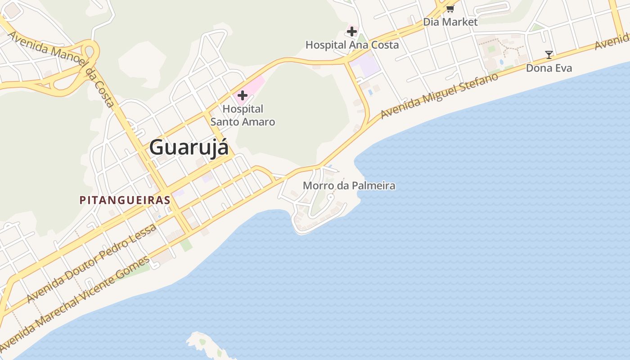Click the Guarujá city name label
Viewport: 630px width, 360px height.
pos(189,147)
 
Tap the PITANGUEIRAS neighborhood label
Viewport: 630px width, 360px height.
pos(125,200)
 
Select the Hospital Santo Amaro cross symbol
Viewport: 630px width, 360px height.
pos(243,95)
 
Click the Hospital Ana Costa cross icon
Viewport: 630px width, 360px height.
pos(351,31)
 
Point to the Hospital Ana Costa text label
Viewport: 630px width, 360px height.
pos(352,45)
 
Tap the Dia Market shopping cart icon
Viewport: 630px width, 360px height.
pos(450,9)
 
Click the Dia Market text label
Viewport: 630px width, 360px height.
pos(450,22)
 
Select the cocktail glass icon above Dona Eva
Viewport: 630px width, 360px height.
pos(549,55)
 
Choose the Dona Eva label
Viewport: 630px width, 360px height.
pos(549,68)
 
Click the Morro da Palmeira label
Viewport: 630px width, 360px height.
pos(349,185)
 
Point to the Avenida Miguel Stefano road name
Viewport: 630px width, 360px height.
pos(439,96)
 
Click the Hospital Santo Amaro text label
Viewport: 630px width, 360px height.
pos(243,115)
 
